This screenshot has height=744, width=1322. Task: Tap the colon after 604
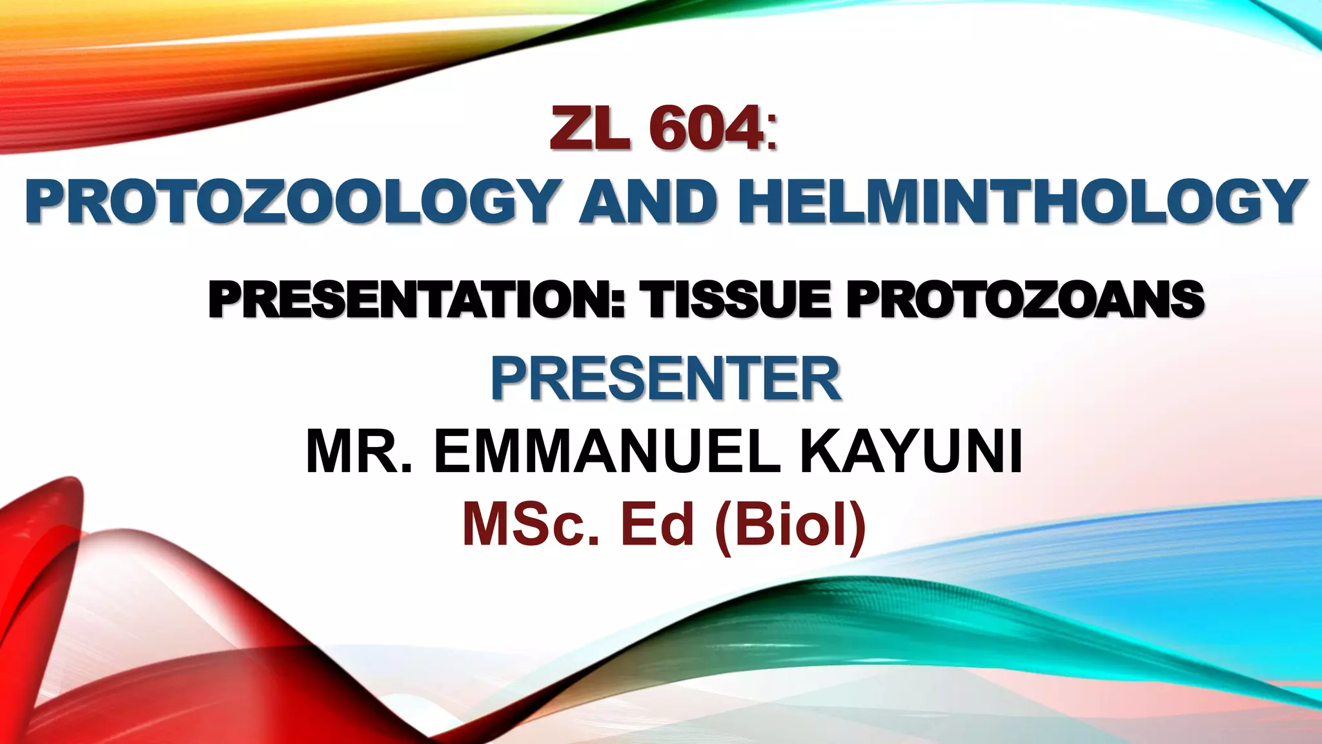pos(772,132)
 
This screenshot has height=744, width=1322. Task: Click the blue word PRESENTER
pos(666,379)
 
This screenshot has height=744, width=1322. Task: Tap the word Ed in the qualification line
pos(657,524)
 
